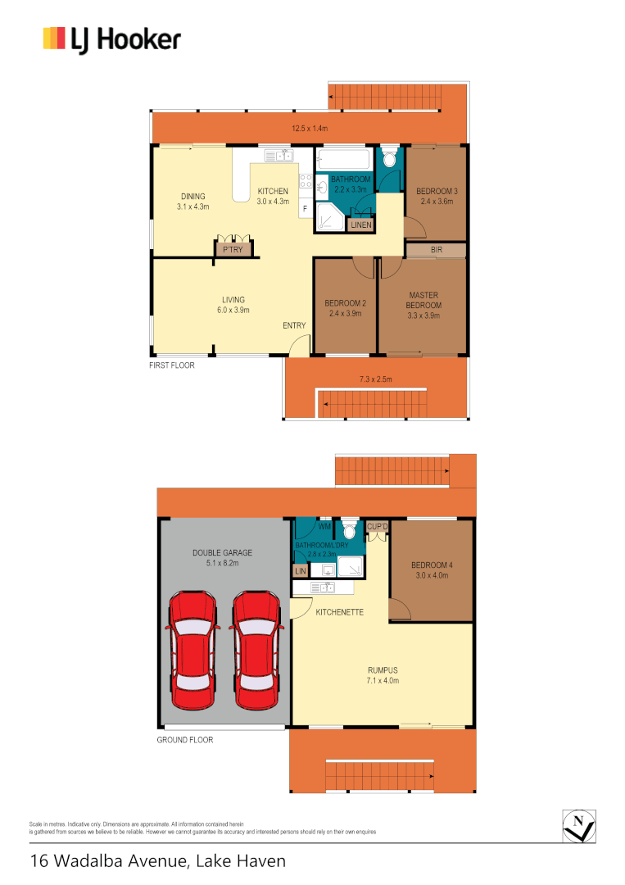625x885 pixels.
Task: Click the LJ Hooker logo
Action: click(111, 39)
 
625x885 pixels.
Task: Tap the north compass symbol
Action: click(579, 825)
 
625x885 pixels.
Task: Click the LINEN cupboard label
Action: click(360, 225)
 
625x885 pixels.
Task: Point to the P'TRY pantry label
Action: click(232, 250)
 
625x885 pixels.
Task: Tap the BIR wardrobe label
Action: click(436, 249)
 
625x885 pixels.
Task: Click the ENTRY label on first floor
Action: click(295, 325)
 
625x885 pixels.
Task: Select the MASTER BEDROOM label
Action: click(424, 301)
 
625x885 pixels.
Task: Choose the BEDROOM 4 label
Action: click(431, 565)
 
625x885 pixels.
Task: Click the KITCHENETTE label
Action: click(340, 612)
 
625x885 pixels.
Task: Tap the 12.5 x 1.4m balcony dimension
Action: click(310, 129)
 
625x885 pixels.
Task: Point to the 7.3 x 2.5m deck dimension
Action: click(375, 379)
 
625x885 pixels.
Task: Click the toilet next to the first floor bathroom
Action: click(390, 157)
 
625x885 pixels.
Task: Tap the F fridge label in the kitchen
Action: click(305, 209)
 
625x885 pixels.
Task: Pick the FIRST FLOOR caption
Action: click(172, 365)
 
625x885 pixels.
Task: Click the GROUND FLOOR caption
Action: click(184, 740)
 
